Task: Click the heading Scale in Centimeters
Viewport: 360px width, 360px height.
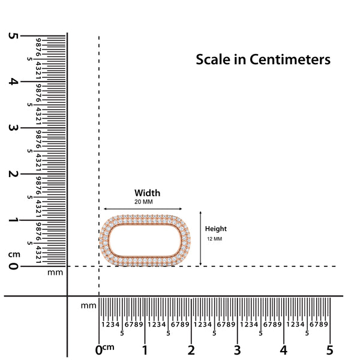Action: tap(263, 60)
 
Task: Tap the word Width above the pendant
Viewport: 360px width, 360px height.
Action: tap(147, 193)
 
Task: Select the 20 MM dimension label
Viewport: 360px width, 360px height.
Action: tap(144, 202)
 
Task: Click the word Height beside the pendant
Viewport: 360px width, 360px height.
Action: tap(216, 229)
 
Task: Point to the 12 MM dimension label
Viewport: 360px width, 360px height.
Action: tap(214, 239)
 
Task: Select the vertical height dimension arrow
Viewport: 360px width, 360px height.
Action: tap(200, 238)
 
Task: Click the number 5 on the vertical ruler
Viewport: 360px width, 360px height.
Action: tap(13, 36)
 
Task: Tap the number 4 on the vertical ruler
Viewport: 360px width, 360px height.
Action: tap(13, 82)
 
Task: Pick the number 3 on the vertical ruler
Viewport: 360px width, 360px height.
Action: tap(13, 128)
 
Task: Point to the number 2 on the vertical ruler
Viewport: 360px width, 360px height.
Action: tap(13, 174)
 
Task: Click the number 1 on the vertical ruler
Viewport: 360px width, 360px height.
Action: tap(13, 220)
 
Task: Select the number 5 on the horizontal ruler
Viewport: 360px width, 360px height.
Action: tap(329, 350)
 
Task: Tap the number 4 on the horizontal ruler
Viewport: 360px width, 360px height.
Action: tap(283, 350)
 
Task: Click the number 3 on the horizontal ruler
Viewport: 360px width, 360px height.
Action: tap(237, 350)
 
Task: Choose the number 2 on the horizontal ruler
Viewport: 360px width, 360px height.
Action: tap(191, 350)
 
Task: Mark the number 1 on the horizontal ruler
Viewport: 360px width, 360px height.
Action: tap(145, 350)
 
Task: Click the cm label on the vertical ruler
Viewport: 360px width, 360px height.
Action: tap(13, 254)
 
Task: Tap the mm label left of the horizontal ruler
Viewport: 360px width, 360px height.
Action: tap(88, 305)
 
